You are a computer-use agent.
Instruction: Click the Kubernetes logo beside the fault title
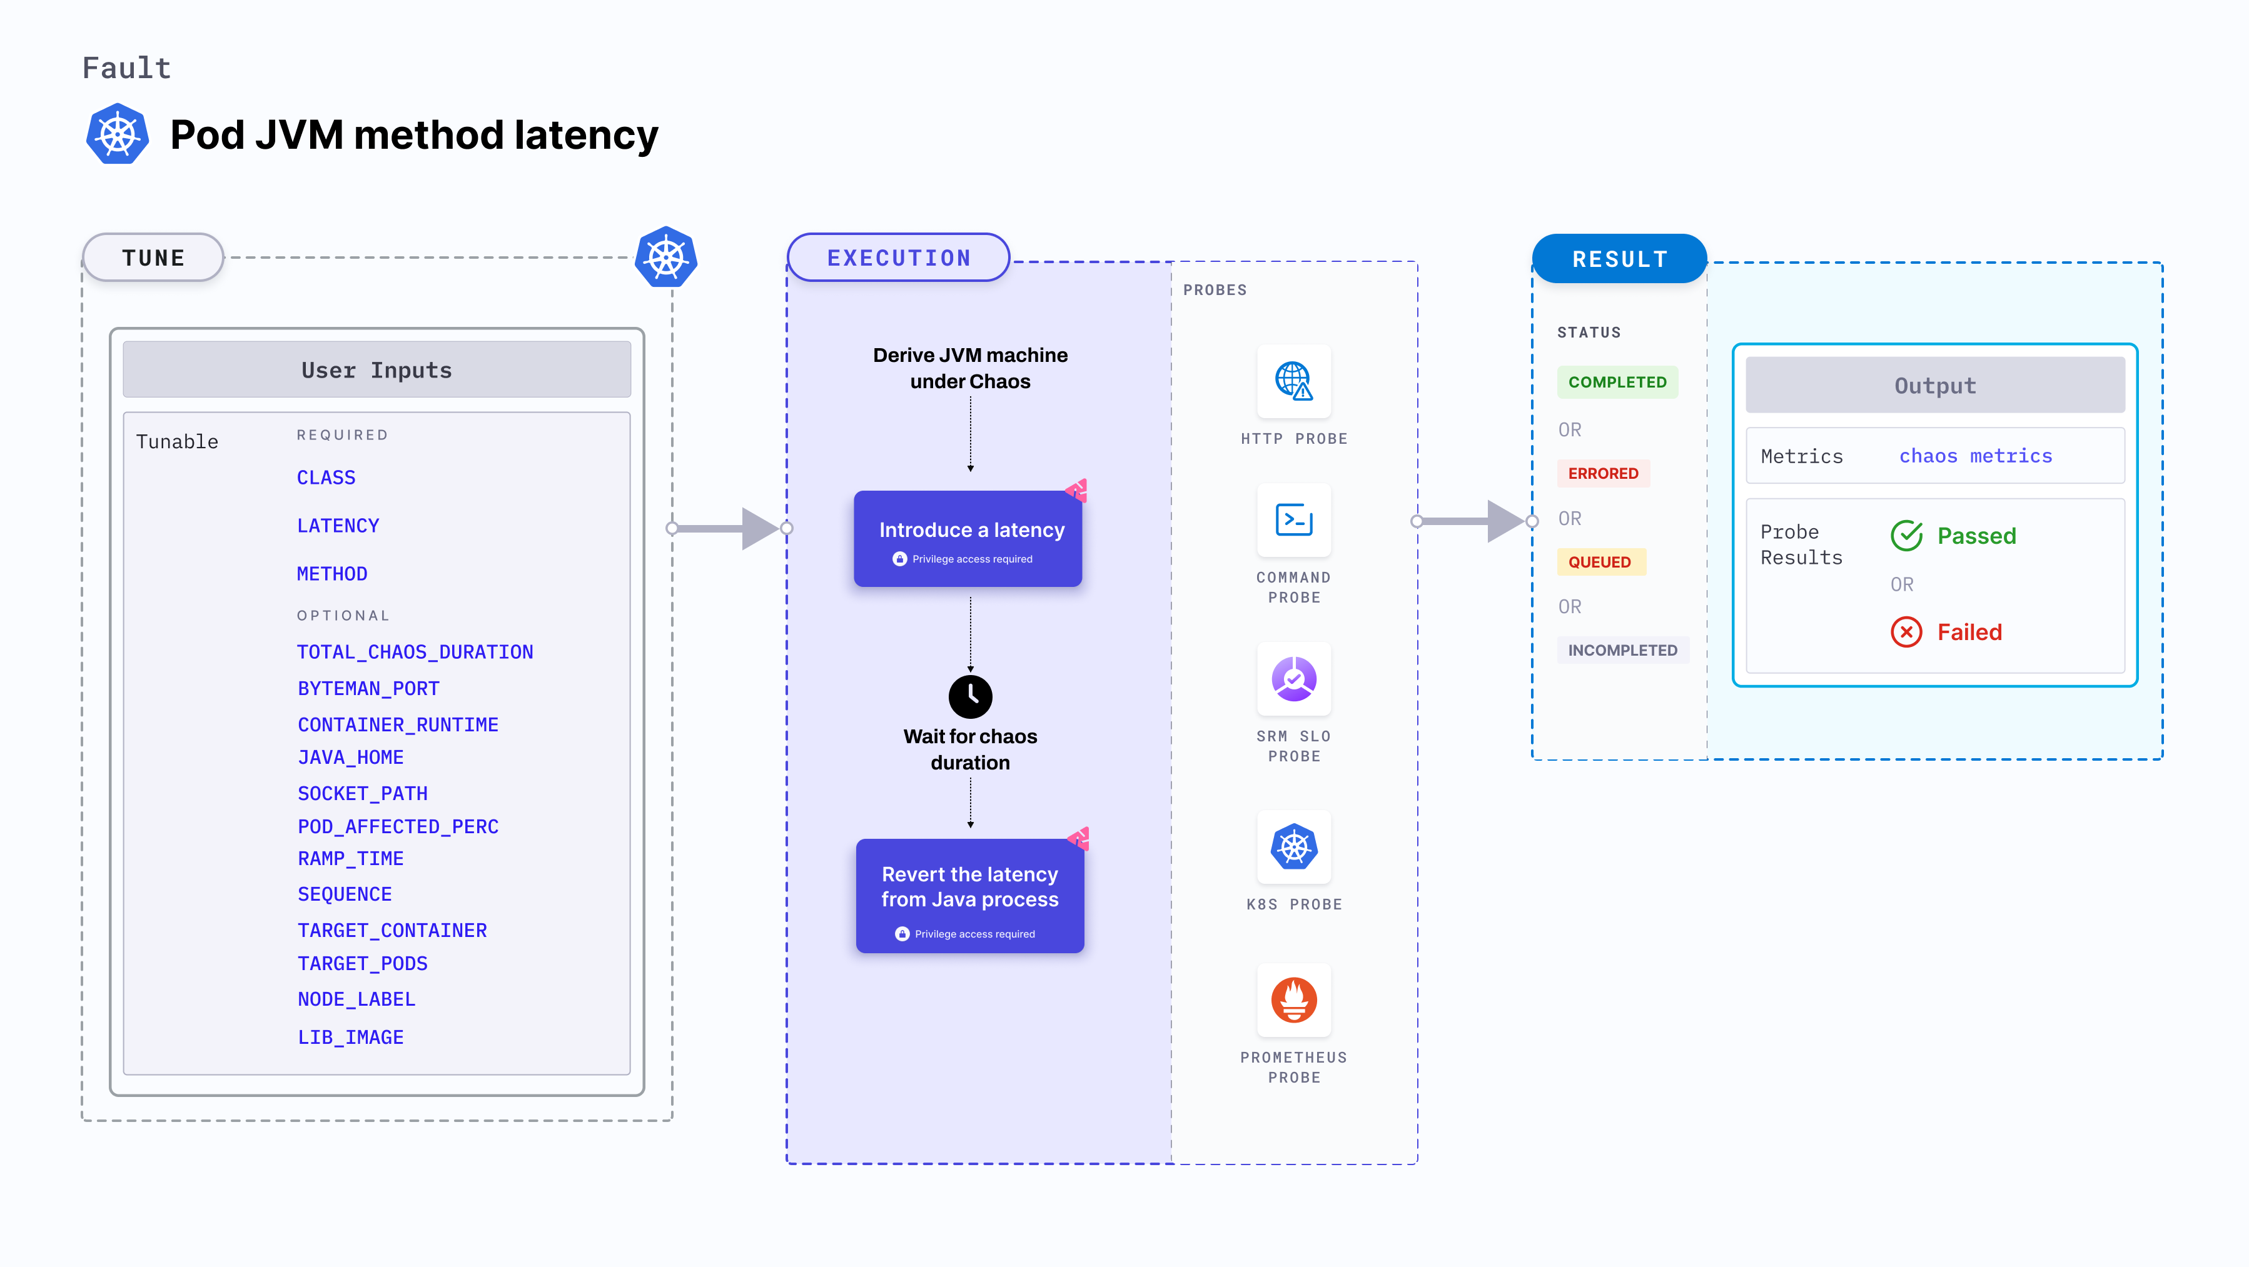tap(118, 134)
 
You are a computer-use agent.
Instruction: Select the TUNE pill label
tap(154, 258)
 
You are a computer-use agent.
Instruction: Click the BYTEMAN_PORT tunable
tap(368, 688)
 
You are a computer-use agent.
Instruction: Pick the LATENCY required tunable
tap(338, 525)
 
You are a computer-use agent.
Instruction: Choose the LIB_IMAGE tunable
tap(350, 1036)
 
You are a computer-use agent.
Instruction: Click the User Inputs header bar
tap(377, 370)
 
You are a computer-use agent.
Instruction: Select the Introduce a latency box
tap(968, 538)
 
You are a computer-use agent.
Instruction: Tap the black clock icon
tap(970, 696)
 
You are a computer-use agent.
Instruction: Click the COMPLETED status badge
tap(1617, 382)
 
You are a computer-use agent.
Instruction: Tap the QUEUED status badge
tap(1599, 562)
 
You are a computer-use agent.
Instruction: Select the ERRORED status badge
tap(1603, 473)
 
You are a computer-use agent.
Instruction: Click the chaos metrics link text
tap(1975, 456)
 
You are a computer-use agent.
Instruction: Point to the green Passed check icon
tap(1906, 536)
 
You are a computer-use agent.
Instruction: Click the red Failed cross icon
tap(1906, 632)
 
